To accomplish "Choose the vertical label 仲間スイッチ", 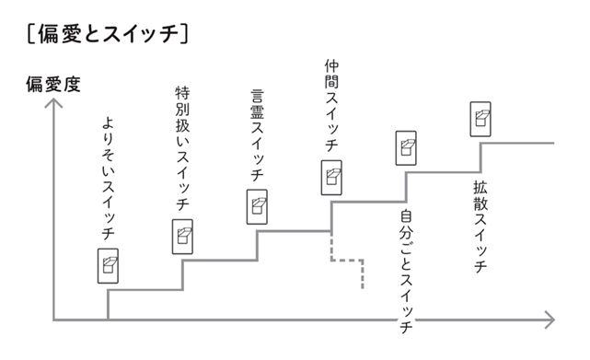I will (x=331, y=106).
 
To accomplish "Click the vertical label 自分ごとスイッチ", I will (x=406, y=271).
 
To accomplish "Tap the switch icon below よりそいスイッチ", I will (x=109, y=265).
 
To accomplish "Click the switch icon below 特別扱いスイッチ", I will (x=183, y=237).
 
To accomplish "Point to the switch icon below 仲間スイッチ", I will (x=331, y=177).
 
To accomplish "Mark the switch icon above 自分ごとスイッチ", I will (x=406, y=147).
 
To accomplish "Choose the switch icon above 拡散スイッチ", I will (x=480, y=117).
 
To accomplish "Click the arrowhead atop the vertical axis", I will (x=54, y=103).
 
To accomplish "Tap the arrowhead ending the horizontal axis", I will (x=550, y=320).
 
